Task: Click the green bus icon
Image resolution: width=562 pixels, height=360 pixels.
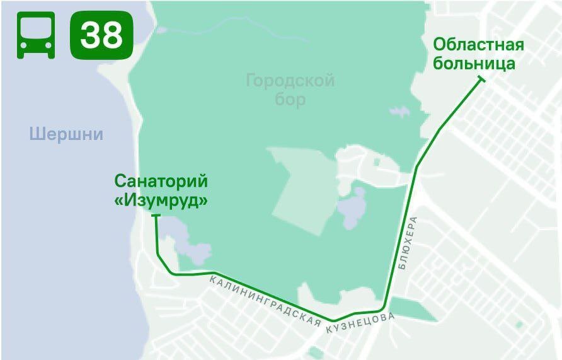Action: (36, 35)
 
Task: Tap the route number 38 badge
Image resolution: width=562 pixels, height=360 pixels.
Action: (101, 35)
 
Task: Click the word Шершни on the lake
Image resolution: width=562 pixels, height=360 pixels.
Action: (66, 134)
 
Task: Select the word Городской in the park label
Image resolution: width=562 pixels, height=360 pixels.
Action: (290, 81)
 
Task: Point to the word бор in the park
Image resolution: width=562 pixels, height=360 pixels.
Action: (290, 99)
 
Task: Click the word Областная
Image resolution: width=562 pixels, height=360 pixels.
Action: (479, 45)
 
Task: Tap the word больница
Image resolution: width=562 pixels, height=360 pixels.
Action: (474, 64)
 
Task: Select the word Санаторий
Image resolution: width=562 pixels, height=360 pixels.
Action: (161, 182)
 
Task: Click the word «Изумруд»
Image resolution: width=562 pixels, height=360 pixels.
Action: (161, 200)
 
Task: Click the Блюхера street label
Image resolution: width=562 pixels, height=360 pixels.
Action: (407, 243)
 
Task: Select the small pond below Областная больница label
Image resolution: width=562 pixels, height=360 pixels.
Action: (399, 112)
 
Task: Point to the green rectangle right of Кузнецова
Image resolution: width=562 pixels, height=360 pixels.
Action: (410, 308)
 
